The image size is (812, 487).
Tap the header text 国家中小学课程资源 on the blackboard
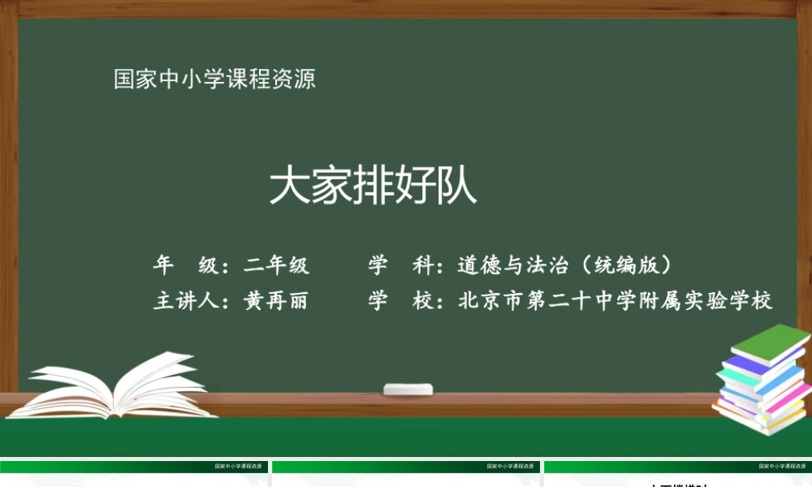[214, 80]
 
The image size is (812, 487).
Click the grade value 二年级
[276, 265]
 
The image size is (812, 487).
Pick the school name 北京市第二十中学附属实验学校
[615, 301]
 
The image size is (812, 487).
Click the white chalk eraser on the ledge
[408, 390]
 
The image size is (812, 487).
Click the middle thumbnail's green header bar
[406, 467]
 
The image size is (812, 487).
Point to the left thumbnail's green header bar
[134, 467]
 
